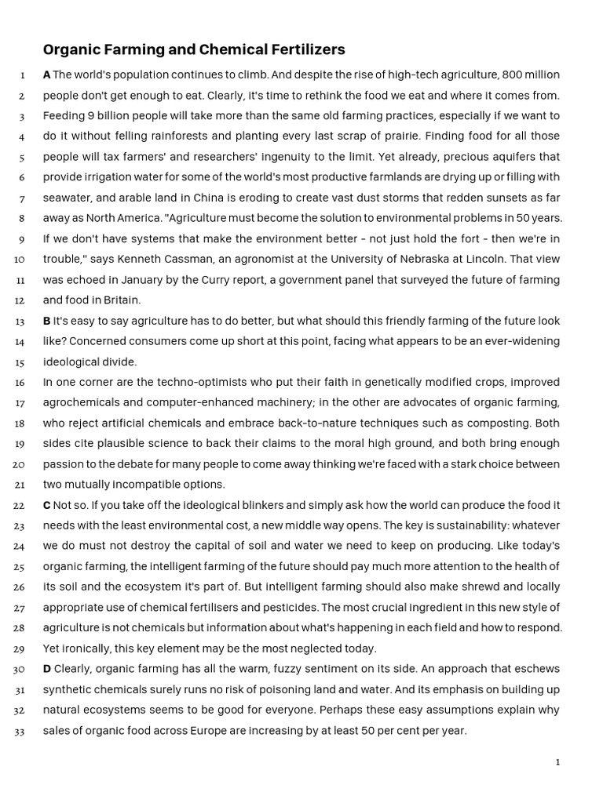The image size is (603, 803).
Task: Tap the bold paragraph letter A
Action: pos(46,75)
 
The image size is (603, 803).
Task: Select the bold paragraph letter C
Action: pos(46,505)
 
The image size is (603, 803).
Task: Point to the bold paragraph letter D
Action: pos(47,669)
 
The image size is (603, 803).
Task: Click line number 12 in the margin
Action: pos(20,300)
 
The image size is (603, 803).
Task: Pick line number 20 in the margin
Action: pos(20,464)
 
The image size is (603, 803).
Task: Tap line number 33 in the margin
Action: pos(20,732)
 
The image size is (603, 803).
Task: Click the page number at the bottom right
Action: pos(557,762)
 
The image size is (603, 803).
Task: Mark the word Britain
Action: pos(122,300)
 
